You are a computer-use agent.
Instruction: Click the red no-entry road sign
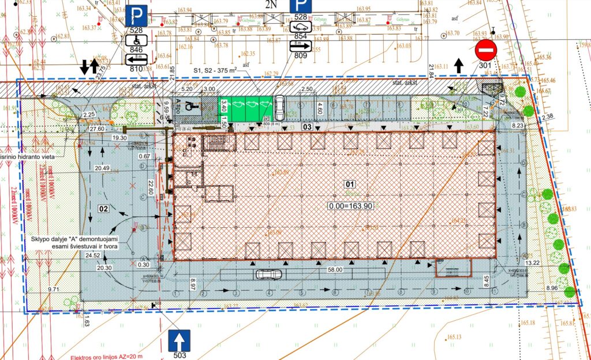[486, 51]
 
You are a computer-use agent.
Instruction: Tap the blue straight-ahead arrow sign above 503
[178, 341]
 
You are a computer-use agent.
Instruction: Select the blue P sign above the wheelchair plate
[136, 14]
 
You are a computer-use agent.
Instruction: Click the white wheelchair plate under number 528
[136, 40]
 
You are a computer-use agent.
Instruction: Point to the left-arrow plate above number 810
[136, 59]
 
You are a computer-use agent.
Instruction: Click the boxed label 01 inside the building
[349, 185]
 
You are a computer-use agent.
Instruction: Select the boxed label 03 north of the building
[308, 126]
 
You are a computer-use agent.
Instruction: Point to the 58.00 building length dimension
[335, 269]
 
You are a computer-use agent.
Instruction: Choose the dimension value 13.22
[533, 262]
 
